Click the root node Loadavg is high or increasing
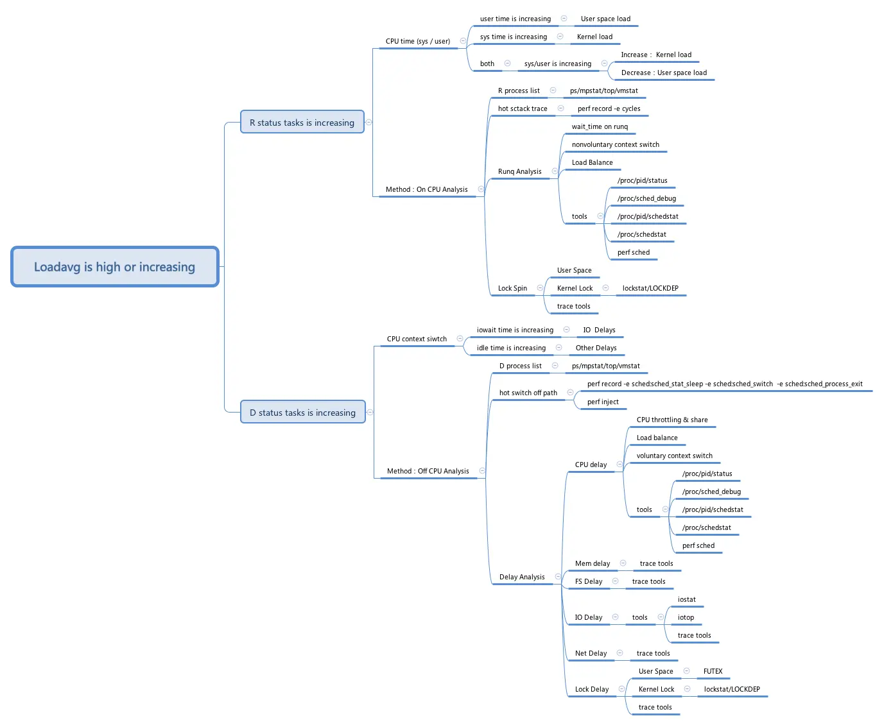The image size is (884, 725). point(114,267)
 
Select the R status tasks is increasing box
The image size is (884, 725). point(302,123)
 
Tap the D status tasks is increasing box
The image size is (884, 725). point(302,413)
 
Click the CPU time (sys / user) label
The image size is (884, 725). point(417,42)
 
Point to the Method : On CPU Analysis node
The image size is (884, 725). point(426,190)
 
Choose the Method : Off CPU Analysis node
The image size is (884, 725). point(428,472)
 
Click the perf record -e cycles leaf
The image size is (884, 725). point(609,109)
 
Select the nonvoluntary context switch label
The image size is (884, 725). point(615,145)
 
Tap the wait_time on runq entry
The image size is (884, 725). point(600,127)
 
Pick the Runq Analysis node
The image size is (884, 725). point(519,172)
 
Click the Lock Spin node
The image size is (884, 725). point(512,289)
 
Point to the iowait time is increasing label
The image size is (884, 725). point(515,330)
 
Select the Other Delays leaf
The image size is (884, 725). point(596,348)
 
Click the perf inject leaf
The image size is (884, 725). point(603,402)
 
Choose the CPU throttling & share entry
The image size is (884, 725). point(672,420)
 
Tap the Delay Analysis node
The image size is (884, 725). point(522,577)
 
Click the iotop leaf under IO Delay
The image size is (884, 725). point(686,618)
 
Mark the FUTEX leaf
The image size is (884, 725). point(713,672)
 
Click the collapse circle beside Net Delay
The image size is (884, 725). point(620,653)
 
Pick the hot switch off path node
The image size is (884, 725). point(528,393)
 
